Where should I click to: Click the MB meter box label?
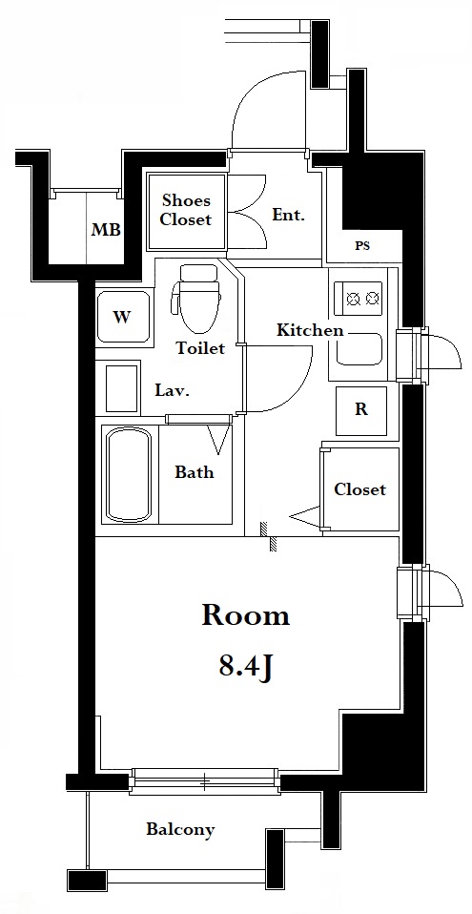(106, 230)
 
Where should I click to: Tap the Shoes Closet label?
(186, 210)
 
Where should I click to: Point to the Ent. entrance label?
(288, 215)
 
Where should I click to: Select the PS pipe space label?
(362, 246)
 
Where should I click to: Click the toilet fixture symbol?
(197, 298)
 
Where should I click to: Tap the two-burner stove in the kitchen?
(359, 299)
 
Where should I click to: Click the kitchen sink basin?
(359, 349)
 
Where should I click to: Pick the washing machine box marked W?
(123, 317)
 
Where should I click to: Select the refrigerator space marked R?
(361, 410)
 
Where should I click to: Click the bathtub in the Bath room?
(129, 474)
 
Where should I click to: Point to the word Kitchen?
(309, 331)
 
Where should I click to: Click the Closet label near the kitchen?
(359, 489)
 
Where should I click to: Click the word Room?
(245, 615)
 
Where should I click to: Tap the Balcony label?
(180, 829)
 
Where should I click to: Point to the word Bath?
(195, 471)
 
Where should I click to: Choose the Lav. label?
(172, 390)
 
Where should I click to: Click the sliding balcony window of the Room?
(204, 781)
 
